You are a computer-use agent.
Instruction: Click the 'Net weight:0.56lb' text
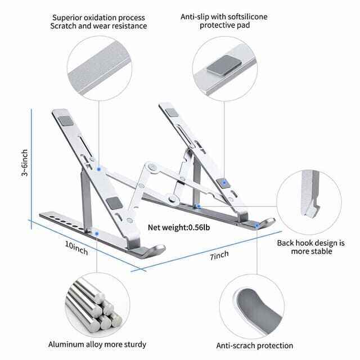coord(177,228)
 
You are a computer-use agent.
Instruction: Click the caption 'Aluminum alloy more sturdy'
coord(97,344)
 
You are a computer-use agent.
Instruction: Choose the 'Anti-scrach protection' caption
coord(255,345)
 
